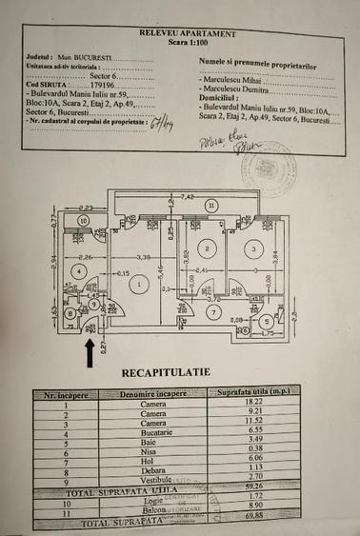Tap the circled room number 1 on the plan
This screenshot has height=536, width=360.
pos(139,282)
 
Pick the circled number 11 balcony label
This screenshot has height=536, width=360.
pos(210,206)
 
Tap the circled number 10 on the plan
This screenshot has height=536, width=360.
pos(84,220)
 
